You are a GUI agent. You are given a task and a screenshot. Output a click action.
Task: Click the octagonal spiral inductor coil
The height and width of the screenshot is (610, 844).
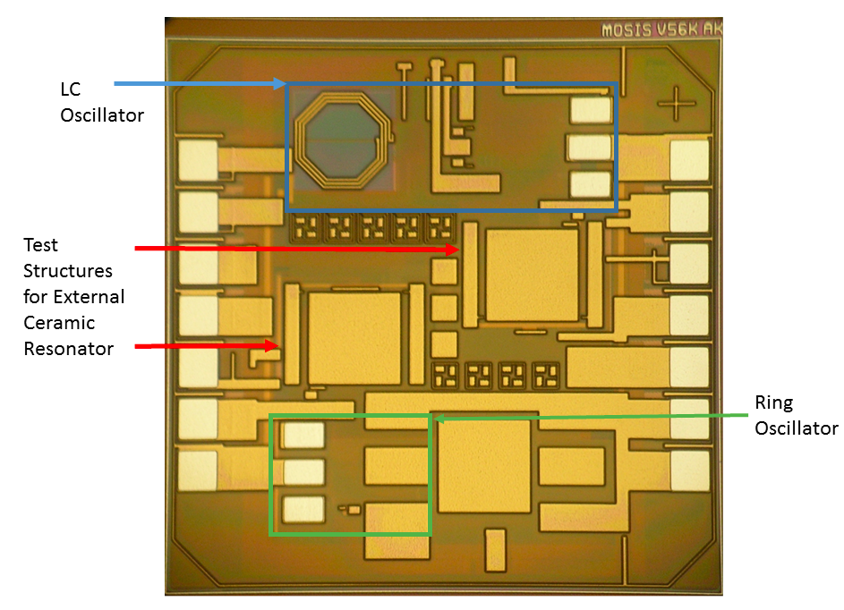(x=299, y=141)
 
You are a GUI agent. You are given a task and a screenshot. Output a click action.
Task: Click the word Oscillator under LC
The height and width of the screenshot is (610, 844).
(x=102, y=115)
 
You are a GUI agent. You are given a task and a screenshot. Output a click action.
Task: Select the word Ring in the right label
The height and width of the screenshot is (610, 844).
(x=773, y=402)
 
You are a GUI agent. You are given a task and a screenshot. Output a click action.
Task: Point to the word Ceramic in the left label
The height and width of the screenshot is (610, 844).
(x=59, y=323)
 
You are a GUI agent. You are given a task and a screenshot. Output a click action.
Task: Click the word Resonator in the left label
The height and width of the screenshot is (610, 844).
(x=68, y=349)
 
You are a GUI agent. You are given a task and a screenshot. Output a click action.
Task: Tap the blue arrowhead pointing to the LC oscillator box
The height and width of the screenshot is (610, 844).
(x=280, y=83)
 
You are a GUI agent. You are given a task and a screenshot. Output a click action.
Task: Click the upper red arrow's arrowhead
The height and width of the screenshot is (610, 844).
(x=453, y=249)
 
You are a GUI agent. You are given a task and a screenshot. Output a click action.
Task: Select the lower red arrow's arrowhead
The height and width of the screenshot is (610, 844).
(x=272, y=346)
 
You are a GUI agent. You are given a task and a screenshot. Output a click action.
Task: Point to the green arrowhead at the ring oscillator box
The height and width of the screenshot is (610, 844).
(x=439, y=418)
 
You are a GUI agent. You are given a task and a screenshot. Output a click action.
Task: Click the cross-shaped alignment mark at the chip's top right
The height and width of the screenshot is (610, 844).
(x=676, y=103)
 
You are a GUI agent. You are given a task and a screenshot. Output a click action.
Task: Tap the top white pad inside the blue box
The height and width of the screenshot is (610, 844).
(x=591, y=110)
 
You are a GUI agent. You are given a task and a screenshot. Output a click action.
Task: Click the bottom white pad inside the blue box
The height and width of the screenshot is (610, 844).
(x=590, y=184)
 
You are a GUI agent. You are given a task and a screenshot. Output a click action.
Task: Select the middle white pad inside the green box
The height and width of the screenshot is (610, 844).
(x=304, y=471)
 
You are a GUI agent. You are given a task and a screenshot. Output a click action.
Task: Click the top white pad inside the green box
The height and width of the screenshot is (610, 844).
(x=304, y=436)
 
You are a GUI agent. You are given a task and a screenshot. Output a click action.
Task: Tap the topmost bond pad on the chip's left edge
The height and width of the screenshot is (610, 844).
(x=198, y=160)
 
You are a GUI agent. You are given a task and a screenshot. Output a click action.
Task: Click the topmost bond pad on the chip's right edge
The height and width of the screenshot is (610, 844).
(x=689, y=160)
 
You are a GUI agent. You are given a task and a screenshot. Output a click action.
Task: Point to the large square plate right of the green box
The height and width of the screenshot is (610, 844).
(x=484, y=466)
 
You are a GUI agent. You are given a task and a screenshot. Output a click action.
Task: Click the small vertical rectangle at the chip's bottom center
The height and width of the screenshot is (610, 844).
(x=496, y=550)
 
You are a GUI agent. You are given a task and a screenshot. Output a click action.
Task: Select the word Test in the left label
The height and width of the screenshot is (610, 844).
(x=40, y=245)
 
